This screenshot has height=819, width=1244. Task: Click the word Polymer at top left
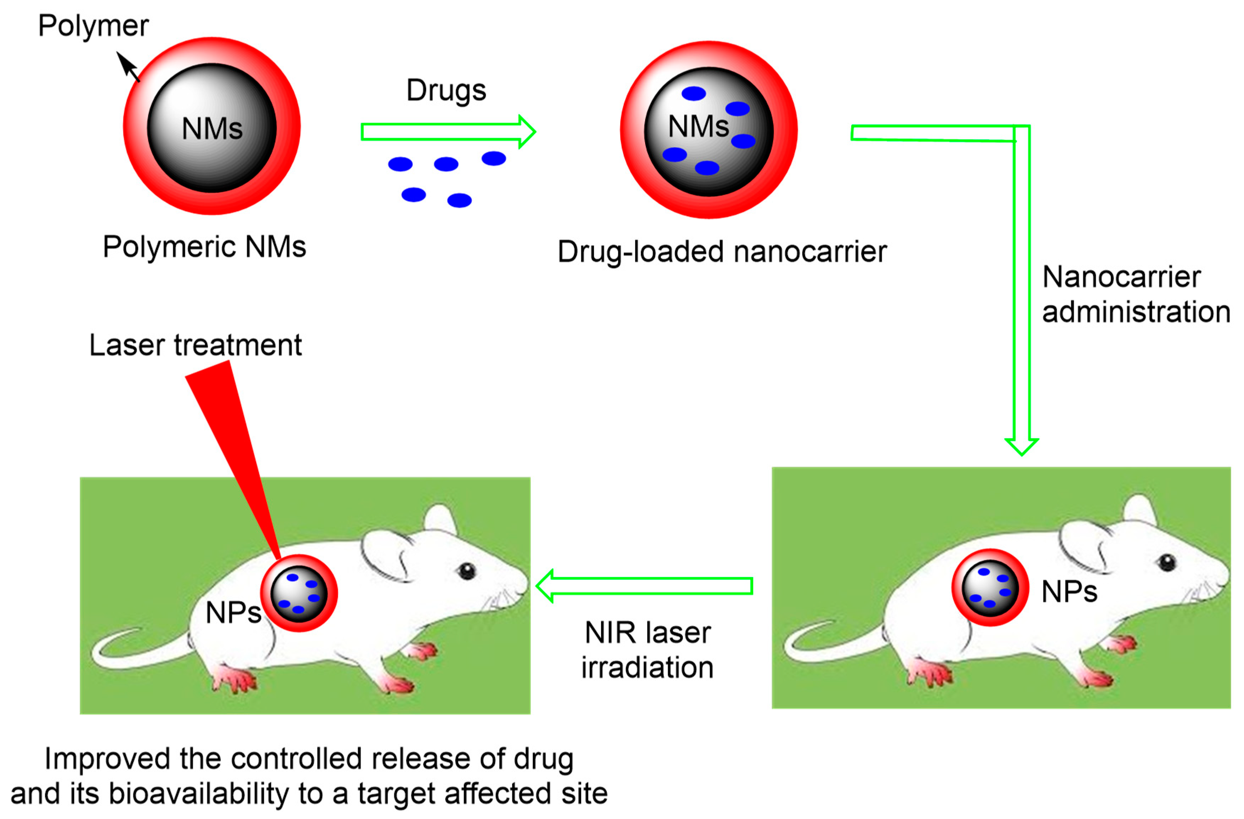[93, 26]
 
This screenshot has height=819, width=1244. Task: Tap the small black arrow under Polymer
[128, 67]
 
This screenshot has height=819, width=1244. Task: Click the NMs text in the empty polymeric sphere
[212, 129]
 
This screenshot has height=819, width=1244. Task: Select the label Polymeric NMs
[204, 247]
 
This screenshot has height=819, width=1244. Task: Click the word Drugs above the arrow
[446, 90]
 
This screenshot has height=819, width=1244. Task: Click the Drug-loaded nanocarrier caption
[722, 252]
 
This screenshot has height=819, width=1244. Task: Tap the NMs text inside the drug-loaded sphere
[698, 127]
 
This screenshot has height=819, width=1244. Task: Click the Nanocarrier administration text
[1135, 294]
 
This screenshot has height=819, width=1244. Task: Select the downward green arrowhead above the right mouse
[1022, 446]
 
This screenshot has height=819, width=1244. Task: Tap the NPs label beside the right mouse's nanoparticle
[1069, 591]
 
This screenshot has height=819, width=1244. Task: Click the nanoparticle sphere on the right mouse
[990, 588]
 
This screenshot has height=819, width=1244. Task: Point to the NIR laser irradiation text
[647, 650]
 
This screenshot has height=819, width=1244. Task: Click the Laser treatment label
[195, 346]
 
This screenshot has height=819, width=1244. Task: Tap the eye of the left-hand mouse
[466, 571]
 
